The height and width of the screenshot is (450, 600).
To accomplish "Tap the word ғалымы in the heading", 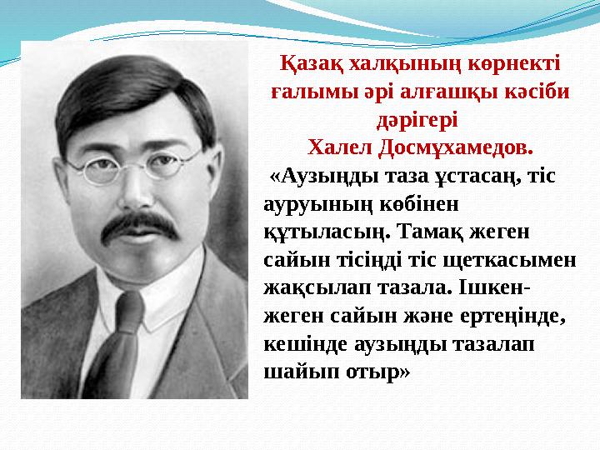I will point(306,92).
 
